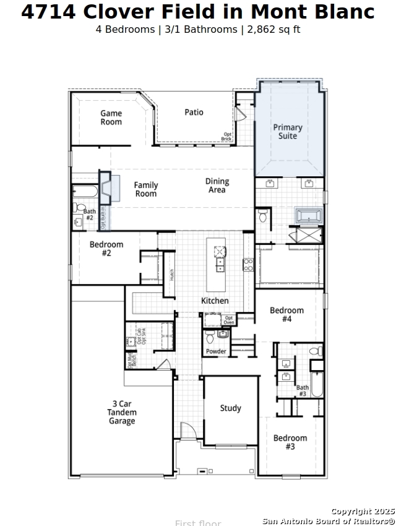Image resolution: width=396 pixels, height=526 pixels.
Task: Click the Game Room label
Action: [111, 118]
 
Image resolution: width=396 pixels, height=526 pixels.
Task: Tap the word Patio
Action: [194, 112]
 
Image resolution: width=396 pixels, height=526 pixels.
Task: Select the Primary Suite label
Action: [288, 132]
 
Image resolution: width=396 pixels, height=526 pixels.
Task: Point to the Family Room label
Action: [146, 189]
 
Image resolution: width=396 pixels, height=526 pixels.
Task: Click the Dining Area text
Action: [217, 186]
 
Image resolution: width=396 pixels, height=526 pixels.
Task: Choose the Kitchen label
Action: [215, 301]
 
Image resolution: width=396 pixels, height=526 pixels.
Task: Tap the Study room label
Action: [231, 408]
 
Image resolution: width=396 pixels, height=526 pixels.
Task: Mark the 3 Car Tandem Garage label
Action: [122, 413]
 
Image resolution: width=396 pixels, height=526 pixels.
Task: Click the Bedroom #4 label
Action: [286, 314]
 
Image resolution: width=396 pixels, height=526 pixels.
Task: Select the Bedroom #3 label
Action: [290, 442]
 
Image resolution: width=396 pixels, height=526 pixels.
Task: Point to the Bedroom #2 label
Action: [106, 249]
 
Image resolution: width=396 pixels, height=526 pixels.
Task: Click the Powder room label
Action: [216, 351]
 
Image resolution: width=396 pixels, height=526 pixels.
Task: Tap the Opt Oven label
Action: [228, 320]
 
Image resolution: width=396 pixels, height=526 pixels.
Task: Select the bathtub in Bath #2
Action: [84, 191]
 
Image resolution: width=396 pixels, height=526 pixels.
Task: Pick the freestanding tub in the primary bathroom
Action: [308, 216]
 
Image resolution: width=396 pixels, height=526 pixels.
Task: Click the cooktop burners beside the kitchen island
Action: [248, 265]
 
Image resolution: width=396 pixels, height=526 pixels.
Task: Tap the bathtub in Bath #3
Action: [317, 384]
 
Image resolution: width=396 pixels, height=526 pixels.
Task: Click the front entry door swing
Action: [188, 431]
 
